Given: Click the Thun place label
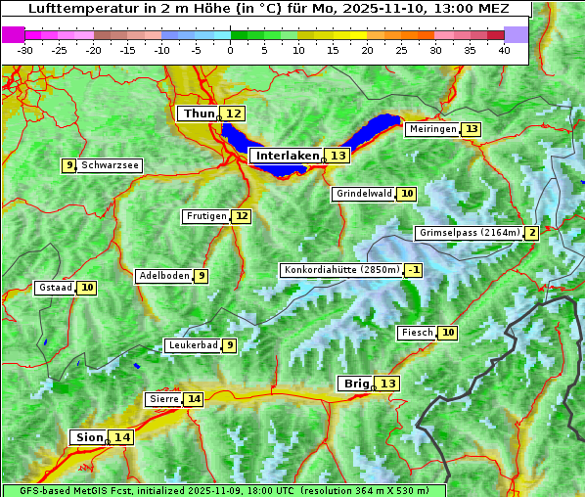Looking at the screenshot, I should (x=199, y=114).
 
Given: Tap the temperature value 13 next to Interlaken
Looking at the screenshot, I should (x=337, y=156).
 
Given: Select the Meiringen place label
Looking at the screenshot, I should (x=431, y=130).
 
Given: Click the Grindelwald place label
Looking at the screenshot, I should (x=363, y=194).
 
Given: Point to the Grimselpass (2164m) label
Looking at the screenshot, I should (x=469, y=233).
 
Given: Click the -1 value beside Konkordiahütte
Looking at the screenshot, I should (x=415, y=270).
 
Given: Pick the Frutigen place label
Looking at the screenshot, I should (x=205, y=216).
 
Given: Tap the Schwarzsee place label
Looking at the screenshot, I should (x=110, y=165).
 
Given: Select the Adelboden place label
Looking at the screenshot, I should (x=163, y=276).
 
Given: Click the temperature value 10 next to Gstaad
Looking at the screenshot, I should (x=87, y=288).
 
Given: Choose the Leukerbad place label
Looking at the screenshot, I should (x=192, y=345).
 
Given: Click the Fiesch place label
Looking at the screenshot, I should (x=417, y=333).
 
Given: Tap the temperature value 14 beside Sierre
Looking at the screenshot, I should (x=194, y=399).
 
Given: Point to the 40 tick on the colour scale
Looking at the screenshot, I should (x=504, y=49).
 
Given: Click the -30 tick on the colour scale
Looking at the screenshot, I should (x=24, y=49).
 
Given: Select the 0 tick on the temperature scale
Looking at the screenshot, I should (x=230, y=49).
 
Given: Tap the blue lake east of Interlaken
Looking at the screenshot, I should (x=377, y=130).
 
